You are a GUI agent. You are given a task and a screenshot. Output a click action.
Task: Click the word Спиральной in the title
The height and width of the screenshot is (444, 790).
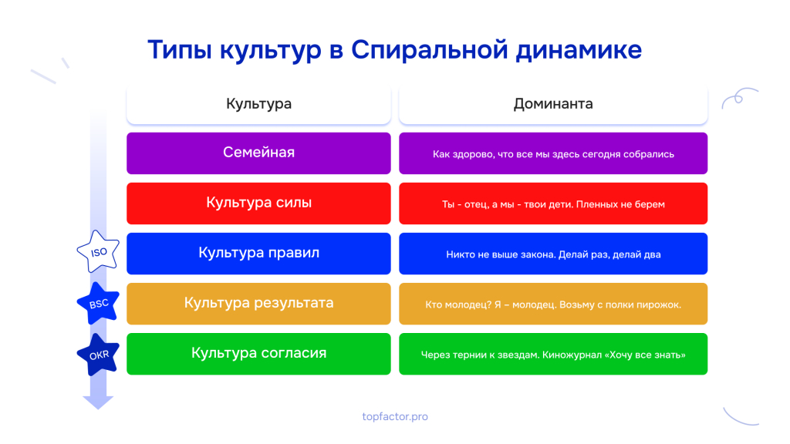click(x=429, y=50)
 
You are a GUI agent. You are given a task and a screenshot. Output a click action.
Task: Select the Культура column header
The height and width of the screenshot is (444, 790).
click(x=258, y=104)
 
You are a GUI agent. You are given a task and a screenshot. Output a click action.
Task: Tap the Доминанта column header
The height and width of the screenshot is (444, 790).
click(x=553, y=104)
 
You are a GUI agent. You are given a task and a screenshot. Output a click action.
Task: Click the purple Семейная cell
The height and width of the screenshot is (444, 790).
click(x=258, y=153)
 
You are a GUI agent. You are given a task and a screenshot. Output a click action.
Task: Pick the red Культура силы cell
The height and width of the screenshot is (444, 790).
click(x=258, y=203)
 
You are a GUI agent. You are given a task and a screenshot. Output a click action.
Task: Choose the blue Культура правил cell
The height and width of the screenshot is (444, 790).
click(x=258, y=253)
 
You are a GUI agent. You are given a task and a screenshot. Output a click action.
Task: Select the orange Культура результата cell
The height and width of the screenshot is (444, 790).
click(x=258, y=304)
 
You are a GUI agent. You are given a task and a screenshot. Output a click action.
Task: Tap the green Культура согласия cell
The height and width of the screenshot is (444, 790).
click(x=258, y=353)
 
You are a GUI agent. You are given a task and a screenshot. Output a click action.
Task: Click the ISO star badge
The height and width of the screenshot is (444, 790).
click(x=98, y=252)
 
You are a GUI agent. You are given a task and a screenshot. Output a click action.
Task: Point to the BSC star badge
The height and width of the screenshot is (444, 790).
click(x=98, y=303)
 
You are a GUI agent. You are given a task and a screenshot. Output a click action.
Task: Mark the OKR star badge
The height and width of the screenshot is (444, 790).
click(x=98, y=355)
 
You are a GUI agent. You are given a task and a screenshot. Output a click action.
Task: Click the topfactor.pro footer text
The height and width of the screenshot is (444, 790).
click(x=395, y=416)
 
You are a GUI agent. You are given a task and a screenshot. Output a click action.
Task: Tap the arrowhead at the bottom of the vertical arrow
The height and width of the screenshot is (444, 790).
click(x=98, y=402)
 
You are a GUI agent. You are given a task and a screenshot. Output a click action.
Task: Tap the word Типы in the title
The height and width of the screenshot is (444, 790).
click(x=179, y=50)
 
